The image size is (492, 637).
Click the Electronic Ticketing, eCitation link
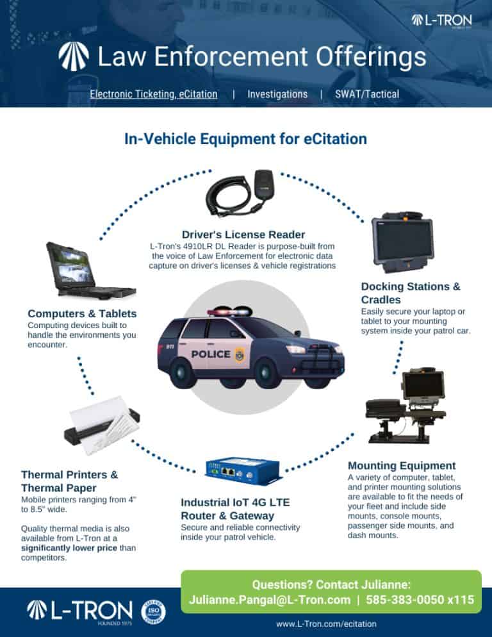153,94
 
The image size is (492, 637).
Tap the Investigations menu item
277,94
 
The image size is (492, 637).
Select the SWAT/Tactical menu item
366,94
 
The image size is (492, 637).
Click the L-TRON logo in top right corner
441,21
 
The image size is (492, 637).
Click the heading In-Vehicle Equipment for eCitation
245,139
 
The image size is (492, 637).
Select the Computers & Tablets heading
82,313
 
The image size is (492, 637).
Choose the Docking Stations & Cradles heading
410,293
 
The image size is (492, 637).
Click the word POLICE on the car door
211,354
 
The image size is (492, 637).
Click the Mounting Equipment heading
401,465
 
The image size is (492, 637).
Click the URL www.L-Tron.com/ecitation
326,624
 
